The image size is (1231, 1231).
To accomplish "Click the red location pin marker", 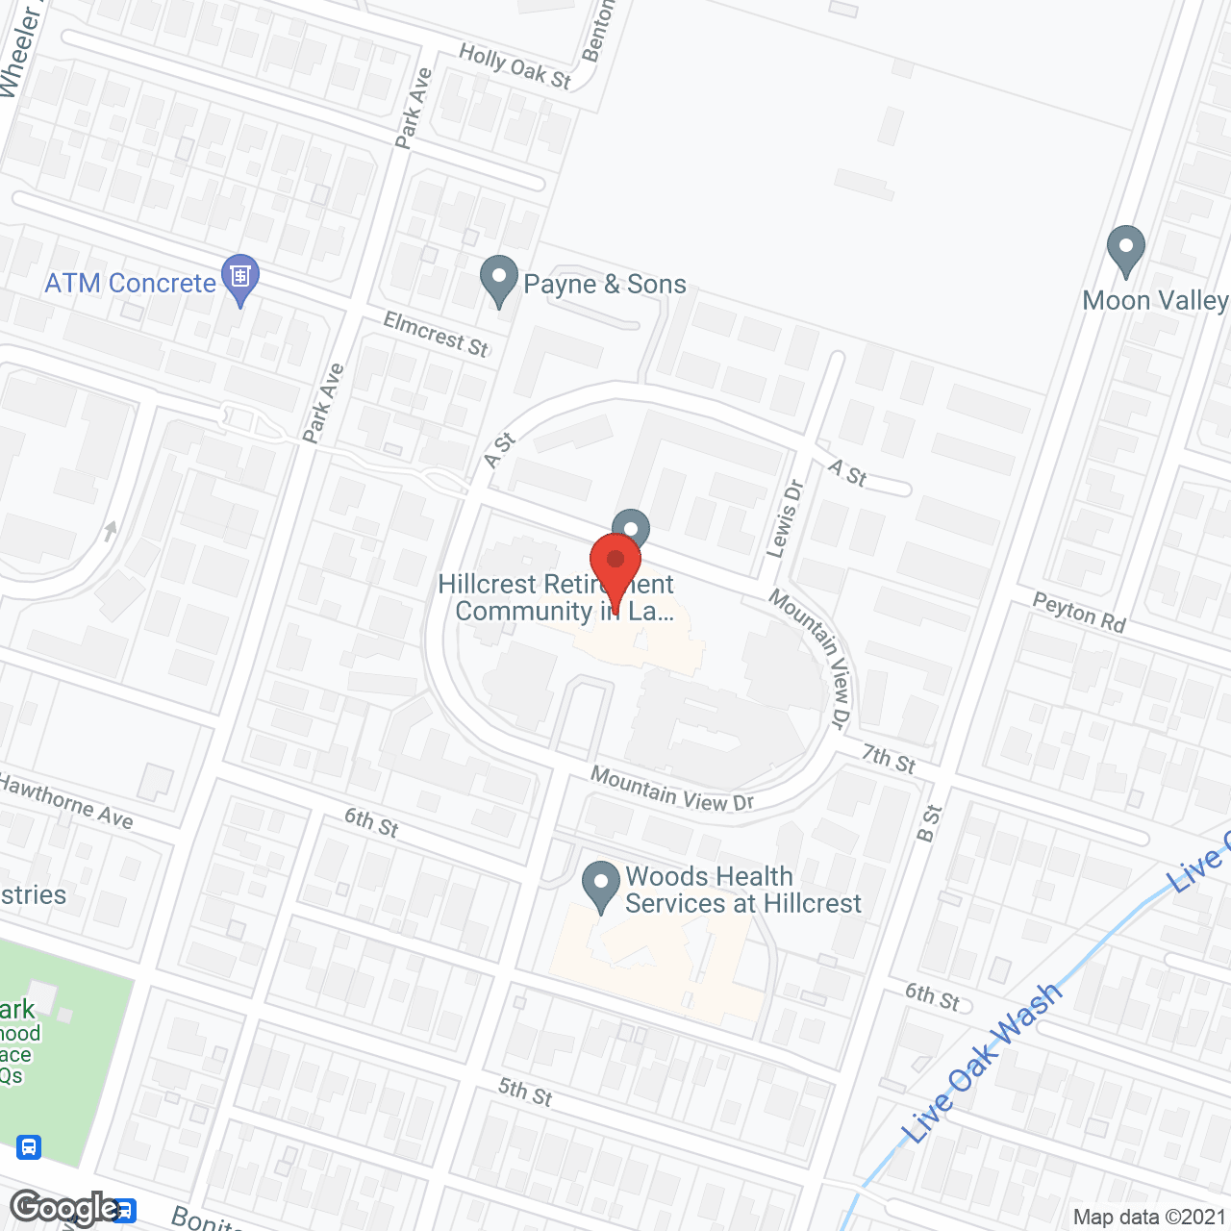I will (x=615, y=568).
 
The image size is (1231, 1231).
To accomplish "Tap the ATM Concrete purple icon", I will (x=239, y=277).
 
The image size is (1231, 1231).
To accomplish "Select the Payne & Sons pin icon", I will (x=498, y=279).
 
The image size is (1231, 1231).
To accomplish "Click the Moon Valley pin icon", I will (x=1125, y=249).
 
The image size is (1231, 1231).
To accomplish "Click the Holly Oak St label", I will (x=515, y=66).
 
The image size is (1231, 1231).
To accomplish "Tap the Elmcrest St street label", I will (x=436, y=333).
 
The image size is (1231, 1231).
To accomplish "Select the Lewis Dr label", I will (x=784, y=519).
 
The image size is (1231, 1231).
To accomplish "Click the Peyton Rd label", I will (x=1079, y=612).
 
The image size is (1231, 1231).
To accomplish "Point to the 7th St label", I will (x=888, y=759).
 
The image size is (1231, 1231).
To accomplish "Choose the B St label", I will (x=929, y=822).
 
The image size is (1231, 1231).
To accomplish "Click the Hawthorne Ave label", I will (x=65, y=801).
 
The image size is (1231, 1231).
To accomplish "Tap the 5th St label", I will (x=525, y=1091).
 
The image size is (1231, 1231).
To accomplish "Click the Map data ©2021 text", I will (x=1149, y=1217).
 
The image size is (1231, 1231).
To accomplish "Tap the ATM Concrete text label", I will (x=131, y=283).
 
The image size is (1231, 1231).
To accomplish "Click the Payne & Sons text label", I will (x=605, y=284).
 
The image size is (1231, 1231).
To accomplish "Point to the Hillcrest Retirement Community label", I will (x=555, y=597).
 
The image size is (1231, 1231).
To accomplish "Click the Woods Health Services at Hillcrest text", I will (x=743, y=890).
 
